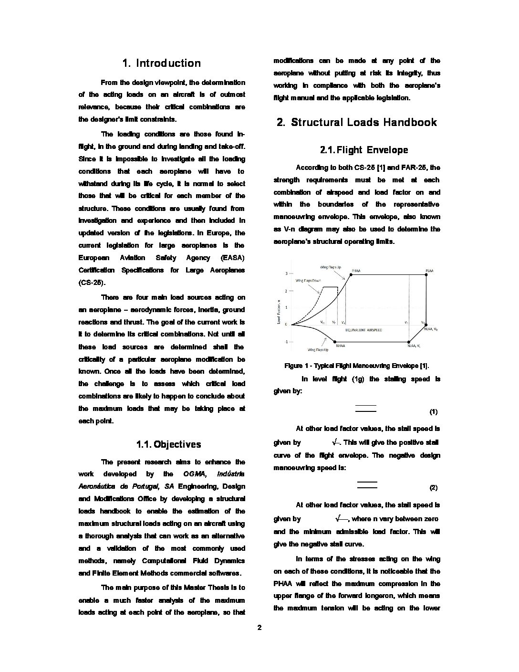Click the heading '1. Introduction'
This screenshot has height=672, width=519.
pyautogui.click(x=162, y=63)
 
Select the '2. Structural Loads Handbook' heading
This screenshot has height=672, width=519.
pyautogui.click(x=357, y=123)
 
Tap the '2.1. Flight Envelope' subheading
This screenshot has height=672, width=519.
pyautogui.click(x=364, y=150)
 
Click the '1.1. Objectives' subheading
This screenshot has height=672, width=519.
pyautogui.click(x=168, y=445)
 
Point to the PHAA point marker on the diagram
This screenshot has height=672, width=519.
pyautogui.click(x=351, y=274)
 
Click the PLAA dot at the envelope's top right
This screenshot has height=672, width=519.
pyautogui.click(x=426, y=274)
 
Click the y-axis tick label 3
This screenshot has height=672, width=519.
pyautogui.click(x=286, y=273)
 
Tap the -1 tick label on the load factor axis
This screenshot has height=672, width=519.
pyautogui.click(x=286, y=342)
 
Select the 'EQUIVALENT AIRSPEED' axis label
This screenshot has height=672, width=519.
pyautogui.click(x=363, y=330)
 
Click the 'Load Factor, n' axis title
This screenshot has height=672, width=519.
pyautogui.click(x=279, y=312)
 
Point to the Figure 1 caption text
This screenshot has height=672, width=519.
pyautogui.click(x=356, y=366)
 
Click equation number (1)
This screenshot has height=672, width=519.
pyautogui.click(x=433, y=411)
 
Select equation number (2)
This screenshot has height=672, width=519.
pyautogui.click(x=433, y=488)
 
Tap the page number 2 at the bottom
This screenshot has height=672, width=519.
pyautogui.click(x=259, y=628)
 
